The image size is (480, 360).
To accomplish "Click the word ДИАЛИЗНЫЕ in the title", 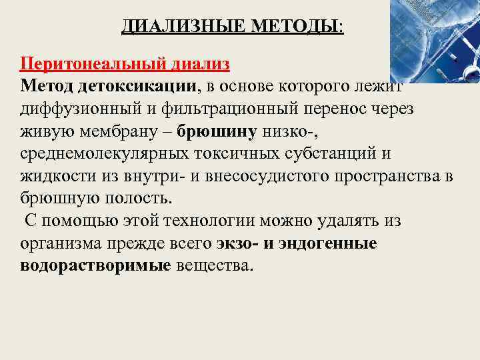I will [173, 27].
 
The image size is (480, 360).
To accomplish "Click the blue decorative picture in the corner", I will [433, 40].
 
